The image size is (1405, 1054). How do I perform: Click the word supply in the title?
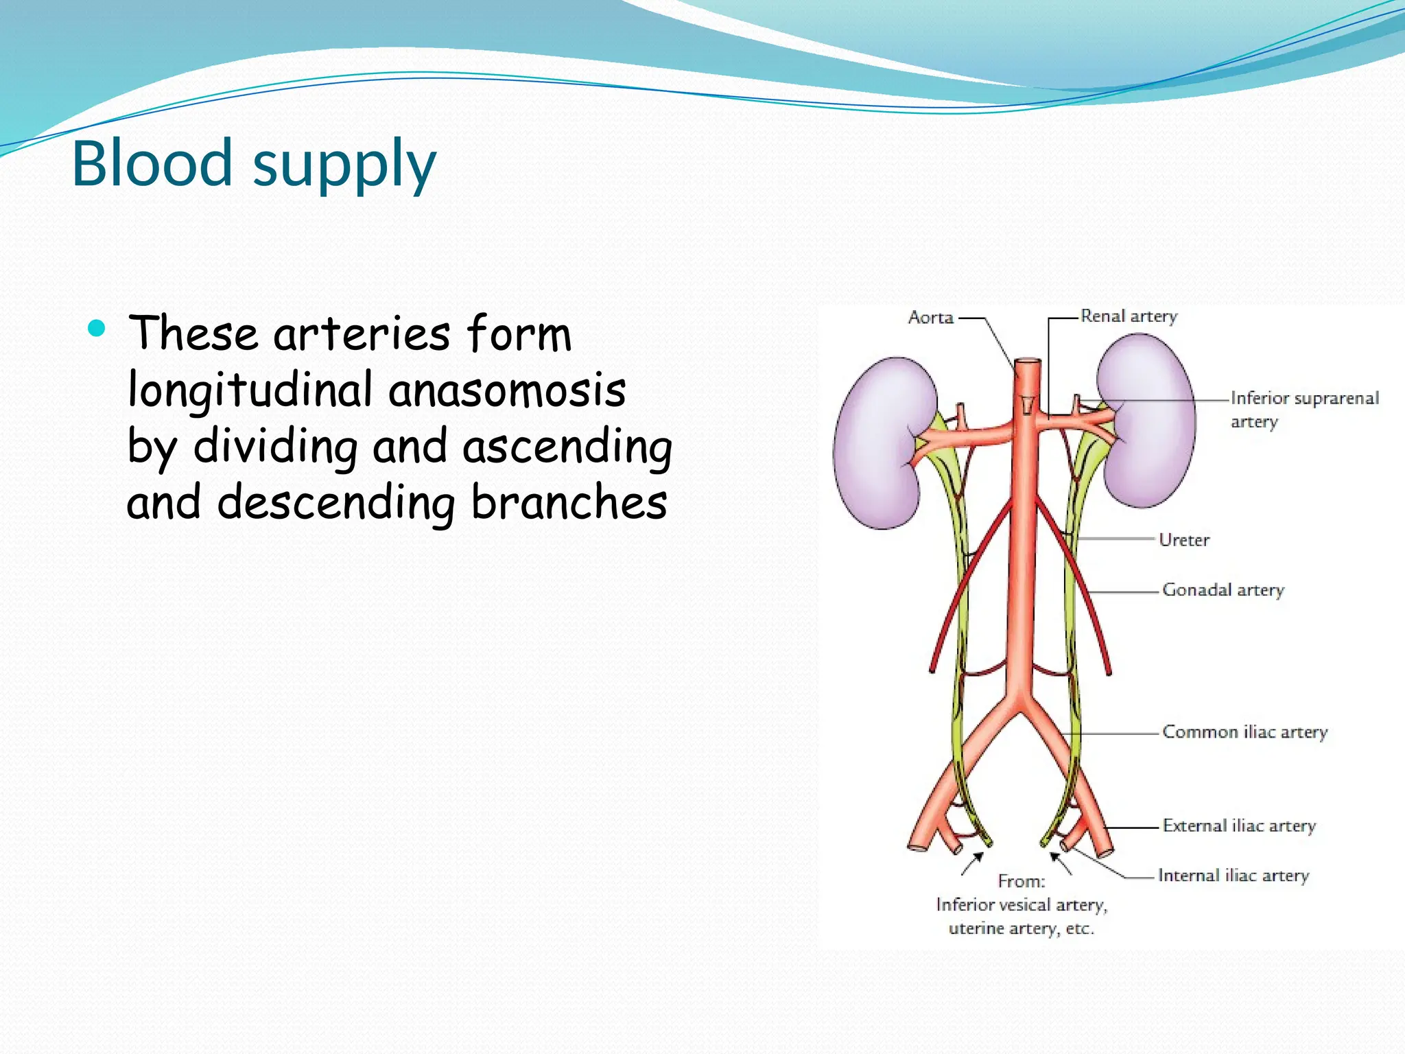click(344, 166)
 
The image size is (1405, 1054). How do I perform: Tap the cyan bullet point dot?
click(97, 329)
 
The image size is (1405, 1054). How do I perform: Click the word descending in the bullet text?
click(336, 503)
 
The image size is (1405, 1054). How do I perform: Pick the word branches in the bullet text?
click(569, 502)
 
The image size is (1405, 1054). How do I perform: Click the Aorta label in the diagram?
click(930, 318)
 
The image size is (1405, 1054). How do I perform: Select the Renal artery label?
click(1129, 316)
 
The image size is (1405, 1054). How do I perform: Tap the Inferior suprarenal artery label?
click(1303, 409)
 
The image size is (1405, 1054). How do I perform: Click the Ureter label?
click(1183, 540)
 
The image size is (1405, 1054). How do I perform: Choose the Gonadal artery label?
click(1223, 590)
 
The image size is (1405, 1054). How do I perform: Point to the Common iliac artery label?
click(1244, 732)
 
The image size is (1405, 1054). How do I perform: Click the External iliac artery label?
click(1239, 826)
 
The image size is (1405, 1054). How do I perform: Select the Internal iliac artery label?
click(1233, 876)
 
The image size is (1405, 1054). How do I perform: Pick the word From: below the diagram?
click(1021, 881)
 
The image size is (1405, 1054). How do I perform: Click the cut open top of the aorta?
click(1028, 362)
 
